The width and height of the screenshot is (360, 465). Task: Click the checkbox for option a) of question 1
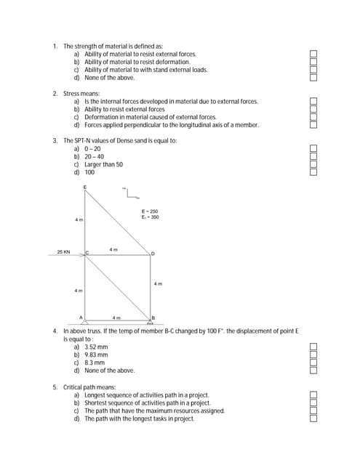[x=313, y=54]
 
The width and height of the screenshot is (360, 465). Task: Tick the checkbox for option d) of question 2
[x=313, y=125]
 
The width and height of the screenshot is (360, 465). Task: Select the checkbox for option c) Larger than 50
[x=313, y=164]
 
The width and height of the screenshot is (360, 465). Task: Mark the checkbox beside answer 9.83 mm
[x=313, y=355]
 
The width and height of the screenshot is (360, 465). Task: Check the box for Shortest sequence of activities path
[x=313, y=403]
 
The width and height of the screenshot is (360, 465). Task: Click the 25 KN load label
[x=64, y=252]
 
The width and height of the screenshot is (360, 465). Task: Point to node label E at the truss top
[x=84, y=187]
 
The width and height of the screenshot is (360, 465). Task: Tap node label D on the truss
[x=153, y=254]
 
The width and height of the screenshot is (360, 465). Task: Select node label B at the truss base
[x=153, y=318]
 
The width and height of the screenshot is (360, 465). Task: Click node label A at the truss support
[x=81, y=318]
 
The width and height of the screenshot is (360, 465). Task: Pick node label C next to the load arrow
[x=87, y=252]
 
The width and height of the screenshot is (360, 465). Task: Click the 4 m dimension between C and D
[x=113, y=249]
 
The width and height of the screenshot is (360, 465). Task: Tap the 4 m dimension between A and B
[x=116, y=318]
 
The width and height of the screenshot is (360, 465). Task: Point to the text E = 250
[x=150, y=211]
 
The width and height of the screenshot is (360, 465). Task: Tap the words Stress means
[x=81, y=94]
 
